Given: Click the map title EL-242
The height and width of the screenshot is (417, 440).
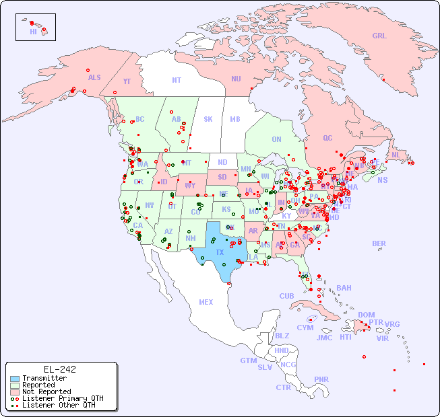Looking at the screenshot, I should (x=59, y=369).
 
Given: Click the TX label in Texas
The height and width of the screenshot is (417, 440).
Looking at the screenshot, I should (x=220, y=252).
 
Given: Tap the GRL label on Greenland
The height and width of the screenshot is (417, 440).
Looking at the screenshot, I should (x=379, y=36).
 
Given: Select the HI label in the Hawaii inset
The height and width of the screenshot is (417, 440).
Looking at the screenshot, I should (x=33, y=32).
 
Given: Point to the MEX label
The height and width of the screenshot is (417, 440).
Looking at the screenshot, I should (x=206, y=302).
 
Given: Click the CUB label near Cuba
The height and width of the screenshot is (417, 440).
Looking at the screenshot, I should (x=286, y=296).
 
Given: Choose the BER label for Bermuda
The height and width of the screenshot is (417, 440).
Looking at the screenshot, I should (x=379, y=243).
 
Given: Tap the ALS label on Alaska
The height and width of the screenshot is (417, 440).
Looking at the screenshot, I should (x=94, y=77).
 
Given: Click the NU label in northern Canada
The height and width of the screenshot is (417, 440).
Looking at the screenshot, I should (x=236, y=79).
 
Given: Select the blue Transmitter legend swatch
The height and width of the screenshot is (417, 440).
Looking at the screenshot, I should (x=15, y=379).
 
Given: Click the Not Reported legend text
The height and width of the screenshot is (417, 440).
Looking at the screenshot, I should (x=46, y=391).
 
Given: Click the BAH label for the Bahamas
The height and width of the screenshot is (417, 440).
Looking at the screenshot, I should (x=344, y=288).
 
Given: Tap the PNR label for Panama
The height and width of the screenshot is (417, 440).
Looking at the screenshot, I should (x=321, y=379).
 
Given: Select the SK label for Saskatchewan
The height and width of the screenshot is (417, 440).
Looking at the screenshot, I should (x=208, y=119).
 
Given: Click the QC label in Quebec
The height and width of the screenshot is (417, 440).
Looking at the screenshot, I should (x=327, y=138).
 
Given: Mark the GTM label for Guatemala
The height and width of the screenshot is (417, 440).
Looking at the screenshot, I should (x=248, y=361).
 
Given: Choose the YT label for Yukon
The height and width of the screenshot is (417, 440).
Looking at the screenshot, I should (x=127, y=81).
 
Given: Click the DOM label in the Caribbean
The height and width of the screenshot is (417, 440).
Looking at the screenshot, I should (x=366, y=315).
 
